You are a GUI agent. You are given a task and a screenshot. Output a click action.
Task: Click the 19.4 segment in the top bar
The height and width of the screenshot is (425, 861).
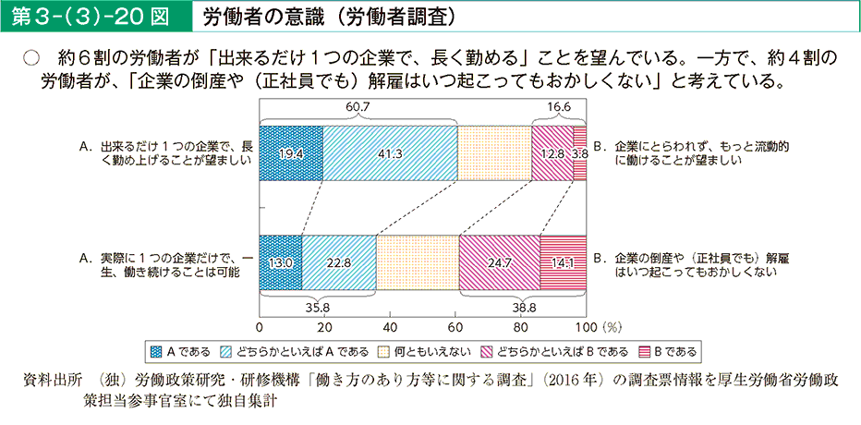291,153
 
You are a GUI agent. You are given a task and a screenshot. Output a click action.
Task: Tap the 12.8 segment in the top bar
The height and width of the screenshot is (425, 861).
553,153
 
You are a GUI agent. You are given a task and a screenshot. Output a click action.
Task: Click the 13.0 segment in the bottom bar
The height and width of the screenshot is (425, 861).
280,262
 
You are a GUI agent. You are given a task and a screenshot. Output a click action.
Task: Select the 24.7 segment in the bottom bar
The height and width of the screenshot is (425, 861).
499,262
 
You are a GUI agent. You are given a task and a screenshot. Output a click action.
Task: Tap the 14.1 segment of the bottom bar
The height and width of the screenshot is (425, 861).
563,262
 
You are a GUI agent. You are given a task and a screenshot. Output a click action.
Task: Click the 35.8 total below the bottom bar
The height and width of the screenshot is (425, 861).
317,307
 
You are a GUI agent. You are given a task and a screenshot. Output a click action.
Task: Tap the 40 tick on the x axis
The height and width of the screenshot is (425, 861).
390,327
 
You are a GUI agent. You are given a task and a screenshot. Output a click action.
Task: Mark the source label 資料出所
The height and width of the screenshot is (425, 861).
56,381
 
